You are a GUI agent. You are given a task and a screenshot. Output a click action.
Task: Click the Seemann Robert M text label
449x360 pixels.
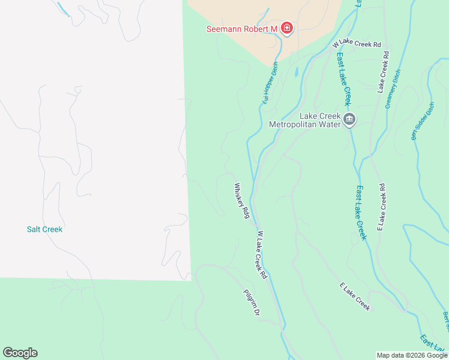coord(241,29)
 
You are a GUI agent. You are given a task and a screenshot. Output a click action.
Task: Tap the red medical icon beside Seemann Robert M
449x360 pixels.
coord(287,28)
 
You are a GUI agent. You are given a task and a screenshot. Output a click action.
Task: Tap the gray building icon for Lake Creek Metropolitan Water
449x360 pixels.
coord(349,121)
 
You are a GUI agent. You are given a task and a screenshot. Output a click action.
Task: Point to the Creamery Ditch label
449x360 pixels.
coord(393,88)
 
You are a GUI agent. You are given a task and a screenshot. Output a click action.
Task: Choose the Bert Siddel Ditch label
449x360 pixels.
coord(423,121)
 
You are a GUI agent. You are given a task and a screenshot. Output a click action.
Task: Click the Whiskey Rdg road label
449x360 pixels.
coord(242,200)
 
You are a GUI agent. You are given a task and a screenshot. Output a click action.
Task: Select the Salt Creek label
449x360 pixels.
coord(44,229)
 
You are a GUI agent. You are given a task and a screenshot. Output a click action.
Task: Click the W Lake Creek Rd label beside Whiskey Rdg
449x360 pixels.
coord(262,255)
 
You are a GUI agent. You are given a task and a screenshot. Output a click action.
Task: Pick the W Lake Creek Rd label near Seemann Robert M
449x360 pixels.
coord(357,44)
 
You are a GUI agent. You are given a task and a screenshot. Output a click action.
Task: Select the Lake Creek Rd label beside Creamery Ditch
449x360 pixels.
coord(382,72)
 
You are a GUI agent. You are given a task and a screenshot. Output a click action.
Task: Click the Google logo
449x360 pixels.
coord(20,353)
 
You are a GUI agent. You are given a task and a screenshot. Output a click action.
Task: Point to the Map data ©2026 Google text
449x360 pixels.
coord(412,355)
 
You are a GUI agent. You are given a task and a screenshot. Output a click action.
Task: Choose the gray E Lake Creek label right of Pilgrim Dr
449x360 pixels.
coord(355,297)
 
